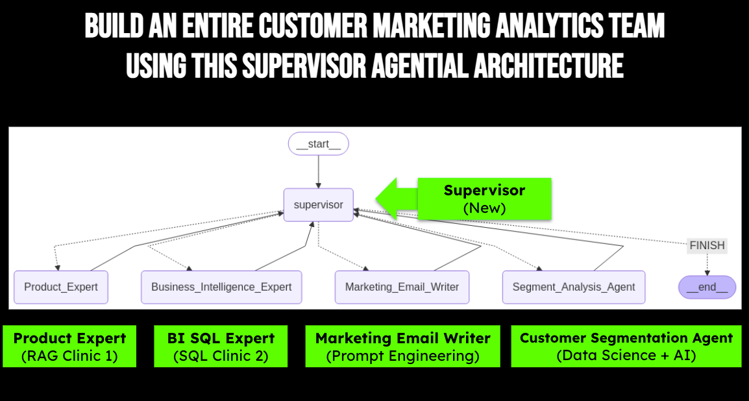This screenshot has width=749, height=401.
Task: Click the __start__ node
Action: pos(319,143)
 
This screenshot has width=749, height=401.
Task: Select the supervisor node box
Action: pos(319,205)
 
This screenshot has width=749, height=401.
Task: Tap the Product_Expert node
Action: pos(61,287)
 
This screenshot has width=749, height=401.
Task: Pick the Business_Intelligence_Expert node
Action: pos(221,287)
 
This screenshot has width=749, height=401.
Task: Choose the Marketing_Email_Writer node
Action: pos(402,287)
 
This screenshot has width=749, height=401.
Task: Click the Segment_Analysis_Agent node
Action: pos(574,287)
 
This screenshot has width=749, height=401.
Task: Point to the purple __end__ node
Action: pos(707,287)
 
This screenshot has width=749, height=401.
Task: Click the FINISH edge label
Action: pos(707,245)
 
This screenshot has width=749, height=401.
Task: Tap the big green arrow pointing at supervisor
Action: pos(397,199)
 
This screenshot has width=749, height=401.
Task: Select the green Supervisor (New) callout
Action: pos(484,199)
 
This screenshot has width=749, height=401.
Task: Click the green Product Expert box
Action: pos(69,346)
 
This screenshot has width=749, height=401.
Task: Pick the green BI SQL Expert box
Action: pos(221,346)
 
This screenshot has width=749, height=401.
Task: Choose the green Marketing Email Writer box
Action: pos(402,346)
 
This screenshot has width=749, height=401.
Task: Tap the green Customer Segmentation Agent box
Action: pos(626,346)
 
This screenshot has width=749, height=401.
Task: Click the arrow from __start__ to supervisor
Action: pos(319,171)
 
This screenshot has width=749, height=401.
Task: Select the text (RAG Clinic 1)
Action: pos(69,356)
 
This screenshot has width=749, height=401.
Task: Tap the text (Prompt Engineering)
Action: pos(402,356)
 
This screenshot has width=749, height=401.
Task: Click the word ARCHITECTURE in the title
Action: pos(548,66)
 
